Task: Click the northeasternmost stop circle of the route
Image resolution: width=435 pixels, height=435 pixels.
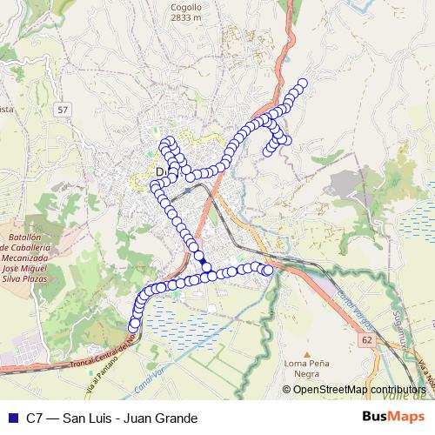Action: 303,84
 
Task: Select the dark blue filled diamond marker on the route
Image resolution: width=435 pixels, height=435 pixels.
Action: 203,261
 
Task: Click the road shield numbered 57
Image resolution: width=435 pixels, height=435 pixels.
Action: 60,110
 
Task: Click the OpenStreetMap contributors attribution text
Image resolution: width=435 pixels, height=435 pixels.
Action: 359,389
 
